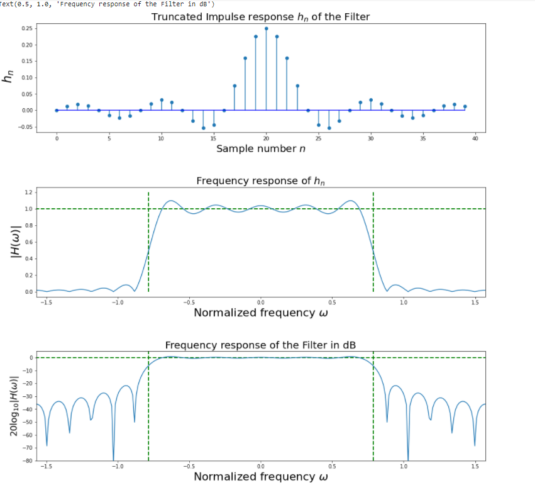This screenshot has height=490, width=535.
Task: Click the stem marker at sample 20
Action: coord(266,28)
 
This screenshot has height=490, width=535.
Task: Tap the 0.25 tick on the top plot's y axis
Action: coord(26,28)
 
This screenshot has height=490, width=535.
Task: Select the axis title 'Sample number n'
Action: coord(260,148)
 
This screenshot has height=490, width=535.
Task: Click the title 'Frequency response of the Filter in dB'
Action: coord(260,345)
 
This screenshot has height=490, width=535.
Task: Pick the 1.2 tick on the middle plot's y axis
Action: coord(28,192)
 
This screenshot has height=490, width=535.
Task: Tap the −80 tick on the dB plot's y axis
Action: coord(26,460)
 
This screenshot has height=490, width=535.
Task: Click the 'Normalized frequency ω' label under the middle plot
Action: coord(260,313)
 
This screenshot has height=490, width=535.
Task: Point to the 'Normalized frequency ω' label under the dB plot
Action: coord(260,477)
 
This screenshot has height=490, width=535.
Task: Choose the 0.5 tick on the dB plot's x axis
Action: coord(332,466)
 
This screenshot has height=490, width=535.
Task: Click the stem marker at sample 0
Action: coord(57,110)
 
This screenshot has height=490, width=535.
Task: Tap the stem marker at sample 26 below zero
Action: coord(329,128)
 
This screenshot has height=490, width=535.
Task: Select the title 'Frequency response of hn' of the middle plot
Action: coord(260,181)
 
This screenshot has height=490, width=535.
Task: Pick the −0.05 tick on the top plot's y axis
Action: coord(25,127)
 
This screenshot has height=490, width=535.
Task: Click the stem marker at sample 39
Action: coord(465,106)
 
